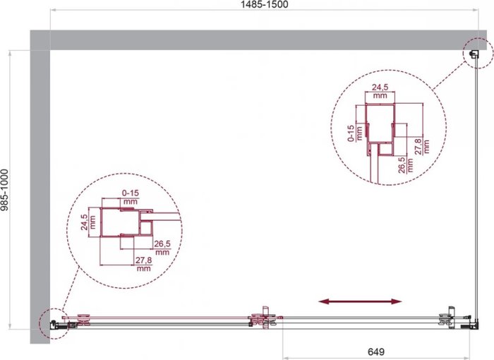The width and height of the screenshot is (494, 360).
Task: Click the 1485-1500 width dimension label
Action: coord(265,4)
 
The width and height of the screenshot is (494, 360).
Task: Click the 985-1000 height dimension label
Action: coord(4,190)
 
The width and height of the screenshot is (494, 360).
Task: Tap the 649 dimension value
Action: coord(376,352)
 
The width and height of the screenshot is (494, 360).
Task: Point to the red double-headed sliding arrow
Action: coord(360,301)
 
